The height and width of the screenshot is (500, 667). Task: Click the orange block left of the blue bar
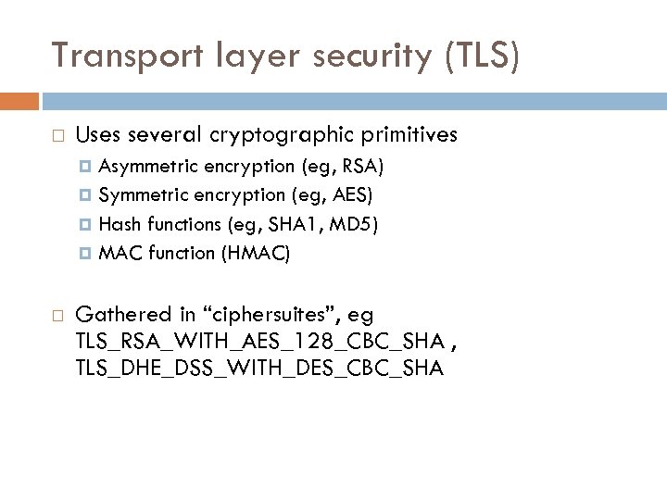[x=19, y=101]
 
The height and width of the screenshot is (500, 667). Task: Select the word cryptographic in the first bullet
[x=275, y=134]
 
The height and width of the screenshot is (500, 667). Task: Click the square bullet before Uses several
[x=57, y=135]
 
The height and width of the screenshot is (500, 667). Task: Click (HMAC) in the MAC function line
[x=255, y=254]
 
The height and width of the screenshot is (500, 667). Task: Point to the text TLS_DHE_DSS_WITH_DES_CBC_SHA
[x=259, y=369]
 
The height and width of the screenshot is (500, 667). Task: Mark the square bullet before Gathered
[x=57, y=315]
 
